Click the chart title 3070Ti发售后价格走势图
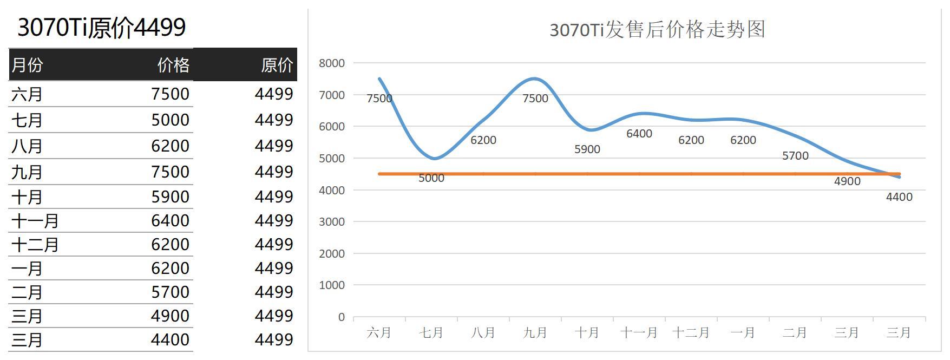(x=657, y=29)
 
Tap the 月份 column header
(x=27, y=65)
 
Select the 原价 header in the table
(x=277, y=65)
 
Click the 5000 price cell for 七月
(x=170, y=120)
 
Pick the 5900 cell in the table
(x=170, y=197)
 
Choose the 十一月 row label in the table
(x=35, y=221)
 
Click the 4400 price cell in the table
(x=170, y=339)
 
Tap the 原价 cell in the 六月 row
(x=274, y=94)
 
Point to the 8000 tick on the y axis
(x=332, y=63)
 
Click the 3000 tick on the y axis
(x=332, y=221)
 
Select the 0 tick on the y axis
(x=341, y=317)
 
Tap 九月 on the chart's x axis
(x=535, y=332)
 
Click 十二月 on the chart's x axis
(x=691, y=332)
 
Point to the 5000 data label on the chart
(x=431, y=178)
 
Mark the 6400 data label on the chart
(x=639, y=134)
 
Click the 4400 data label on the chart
(x=899, y=197)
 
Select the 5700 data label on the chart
(x=795, y=156)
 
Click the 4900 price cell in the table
(x=170, y=316)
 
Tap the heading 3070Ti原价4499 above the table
(x=102, y=27)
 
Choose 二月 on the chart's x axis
(x=795, y=332)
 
